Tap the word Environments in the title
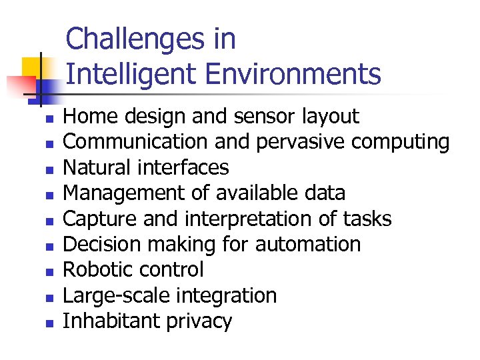(293, 74)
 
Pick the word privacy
(199, 321)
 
